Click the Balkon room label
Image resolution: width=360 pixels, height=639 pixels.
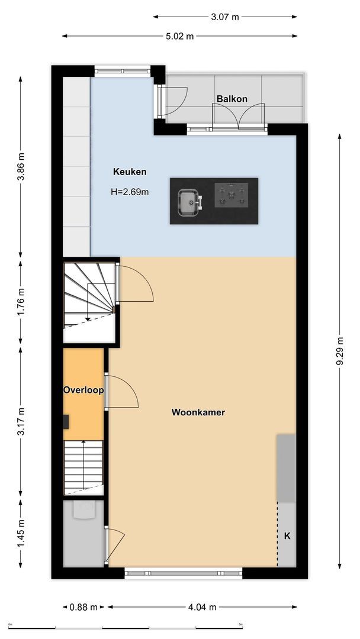click(x=232, y=99)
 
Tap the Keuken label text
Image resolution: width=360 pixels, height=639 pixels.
click(x=130, y=172)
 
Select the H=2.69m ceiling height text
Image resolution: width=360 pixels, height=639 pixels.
click(x=130, y=192)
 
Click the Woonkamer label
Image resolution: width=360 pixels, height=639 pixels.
click(x=198, y=412)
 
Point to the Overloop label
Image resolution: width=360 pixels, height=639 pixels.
click(x=83, y=390)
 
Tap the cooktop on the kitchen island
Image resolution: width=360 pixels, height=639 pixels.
click(x=232, y=195)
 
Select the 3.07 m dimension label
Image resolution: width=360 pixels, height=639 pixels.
click(x=225, y=17)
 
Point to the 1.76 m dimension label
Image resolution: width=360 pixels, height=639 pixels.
click(x=21, y=301)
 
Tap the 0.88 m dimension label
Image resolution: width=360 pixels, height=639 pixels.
click(x=83, y=606)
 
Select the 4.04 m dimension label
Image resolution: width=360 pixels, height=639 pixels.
click(x=202, y=606)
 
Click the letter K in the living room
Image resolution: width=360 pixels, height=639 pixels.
click(x=287, y=536)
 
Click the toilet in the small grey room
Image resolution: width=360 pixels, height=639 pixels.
click(x=83, y=509)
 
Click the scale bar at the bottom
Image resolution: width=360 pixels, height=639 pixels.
click(x=126, y=626)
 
